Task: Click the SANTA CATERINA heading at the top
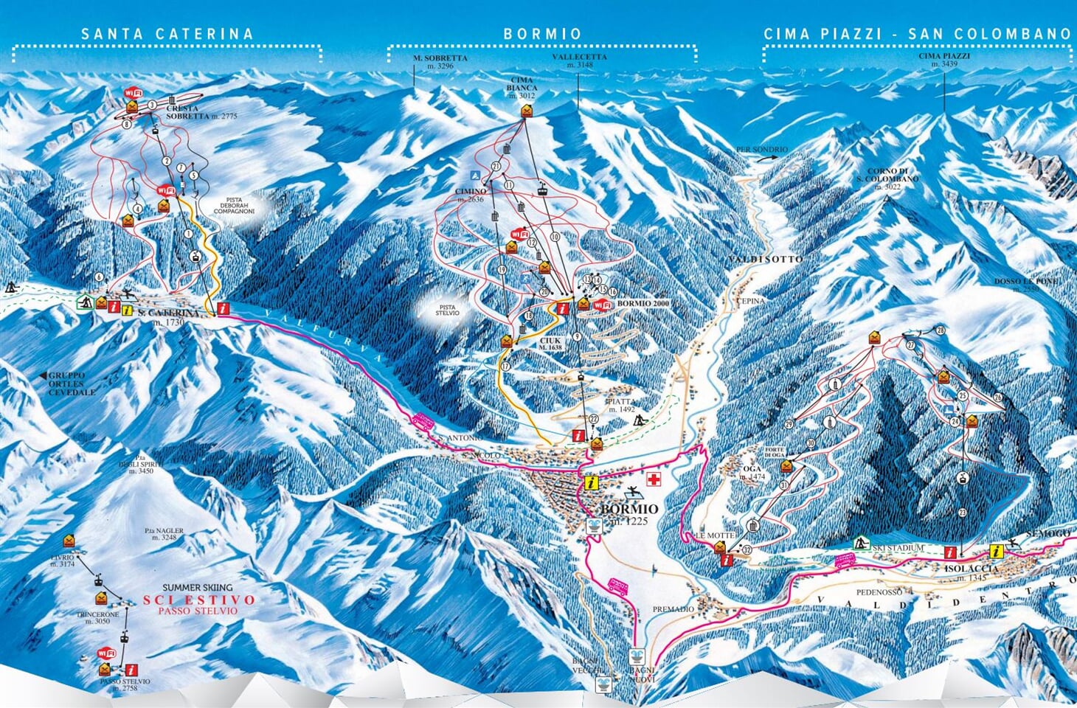point(167,34)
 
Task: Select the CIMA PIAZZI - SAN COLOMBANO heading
point(917,34)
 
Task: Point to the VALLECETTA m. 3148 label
point(579,60)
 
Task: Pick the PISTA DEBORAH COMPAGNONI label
point(234,206)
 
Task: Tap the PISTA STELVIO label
point(446,310)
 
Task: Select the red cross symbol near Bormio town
point(653,479)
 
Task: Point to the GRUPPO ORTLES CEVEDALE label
point(72,383)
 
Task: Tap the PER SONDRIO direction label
point(761,150)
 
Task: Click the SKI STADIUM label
point(898,547)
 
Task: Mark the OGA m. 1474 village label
point(755,473)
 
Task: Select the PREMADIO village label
point(673,609)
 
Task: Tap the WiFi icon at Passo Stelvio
point(107,653)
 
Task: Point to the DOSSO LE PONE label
point(1025,285)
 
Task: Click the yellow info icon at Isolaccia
point(997,551)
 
